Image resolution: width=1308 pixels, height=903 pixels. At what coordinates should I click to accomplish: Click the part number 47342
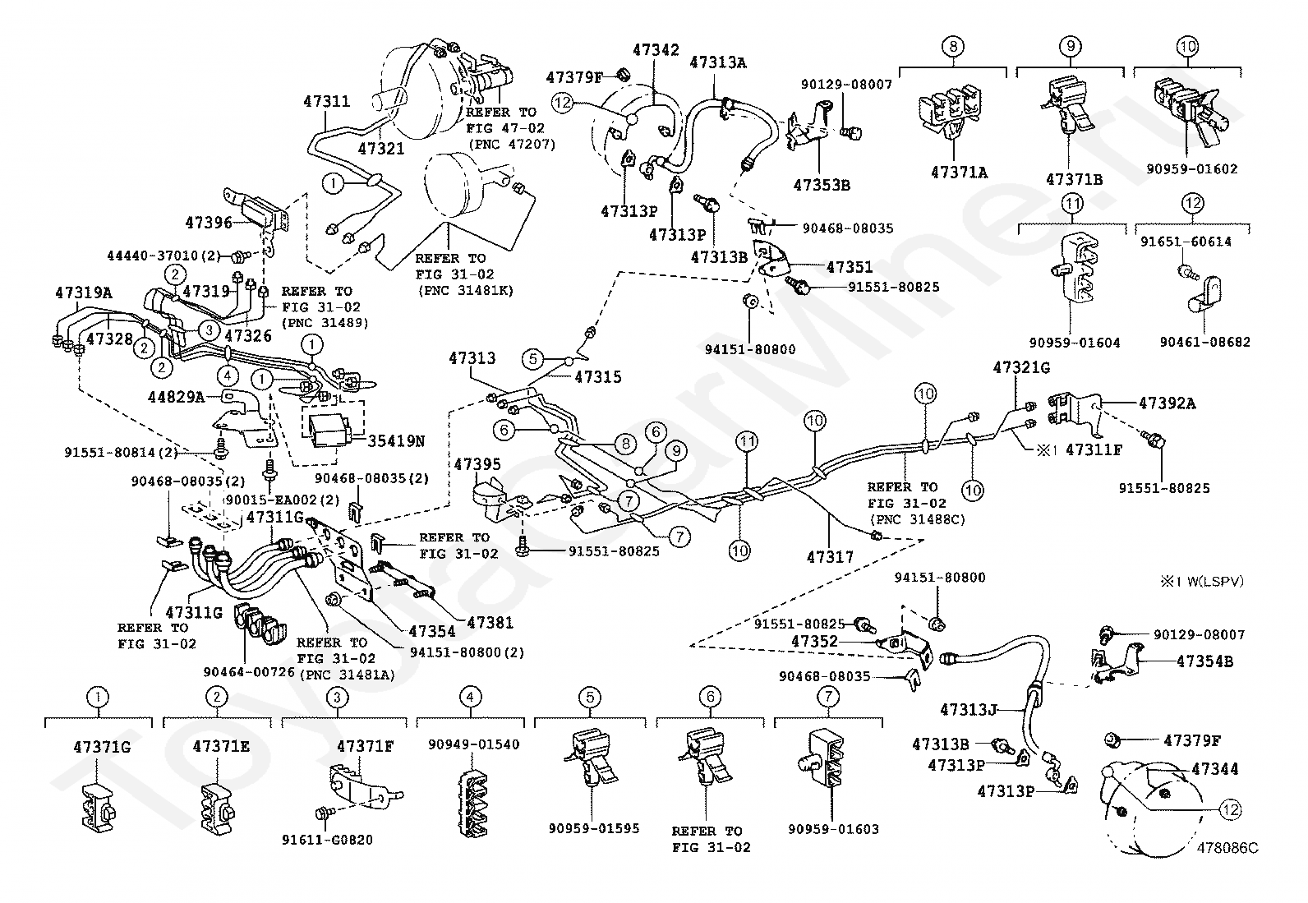656,50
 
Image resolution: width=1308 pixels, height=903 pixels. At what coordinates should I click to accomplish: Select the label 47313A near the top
717,62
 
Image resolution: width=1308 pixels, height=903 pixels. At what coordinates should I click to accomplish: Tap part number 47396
210,222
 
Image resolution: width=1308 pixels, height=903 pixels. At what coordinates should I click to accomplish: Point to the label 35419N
396,440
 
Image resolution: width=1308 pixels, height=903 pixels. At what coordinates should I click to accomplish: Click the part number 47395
477,464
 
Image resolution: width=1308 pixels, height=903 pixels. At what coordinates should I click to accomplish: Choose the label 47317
830,556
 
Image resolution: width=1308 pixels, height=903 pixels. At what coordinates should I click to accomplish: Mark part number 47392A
1168,403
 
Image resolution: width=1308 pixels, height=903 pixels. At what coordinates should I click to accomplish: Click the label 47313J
969,708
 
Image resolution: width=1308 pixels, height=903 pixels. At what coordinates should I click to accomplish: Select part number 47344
1214,769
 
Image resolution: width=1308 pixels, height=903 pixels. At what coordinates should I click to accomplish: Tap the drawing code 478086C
1227,847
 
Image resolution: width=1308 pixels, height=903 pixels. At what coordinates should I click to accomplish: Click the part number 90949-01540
473,744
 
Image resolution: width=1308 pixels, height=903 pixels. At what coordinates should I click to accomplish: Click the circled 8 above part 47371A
953,47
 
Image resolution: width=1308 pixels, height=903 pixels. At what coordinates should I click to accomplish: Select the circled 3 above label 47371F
335,698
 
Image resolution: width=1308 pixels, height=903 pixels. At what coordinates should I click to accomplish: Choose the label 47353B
822,185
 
